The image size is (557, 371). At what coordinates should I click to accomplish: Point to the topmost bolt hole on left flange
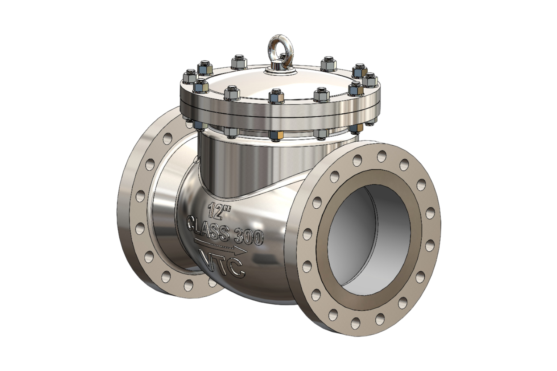pyautogui.click(x=168, y=138)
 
